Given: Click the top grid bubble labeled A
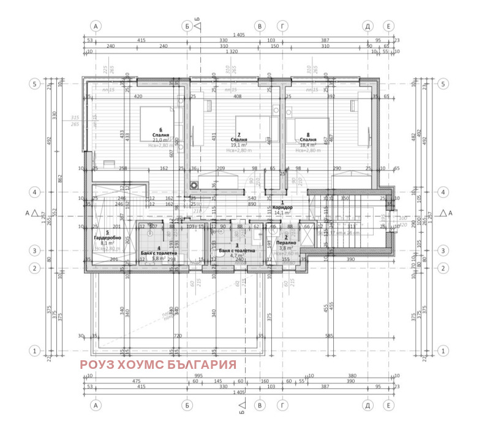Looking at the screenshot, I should click(96, 26).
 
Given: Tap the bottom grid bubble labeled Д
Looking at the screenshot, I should click(368, 405).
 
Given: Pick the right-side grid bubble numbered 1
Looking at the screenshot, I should click(444, 350).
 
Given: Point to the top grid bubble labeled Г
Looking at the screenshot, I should click(282, 26).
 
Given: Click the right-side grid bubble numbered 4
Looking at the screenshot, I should click(444, 192).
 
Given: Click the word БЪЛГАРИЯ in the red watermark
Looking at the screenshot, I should click(205, 365).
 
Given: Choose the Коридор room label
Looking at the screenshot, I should click(283, 208).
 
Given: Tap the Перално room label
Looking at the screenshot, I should click(285, 243).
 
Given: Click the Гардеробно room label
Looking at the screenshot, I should click(107, 237).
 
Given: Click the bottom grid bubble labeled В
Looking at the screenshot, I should click(260, 405).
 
